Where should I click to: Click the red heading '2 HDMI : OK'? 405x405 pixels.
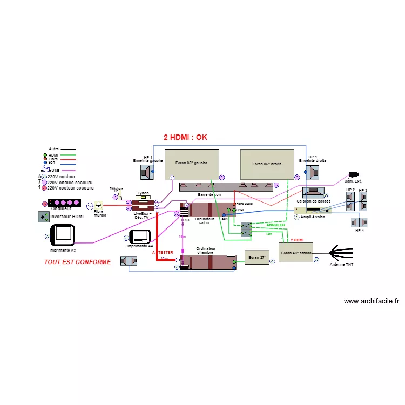coord(185,137)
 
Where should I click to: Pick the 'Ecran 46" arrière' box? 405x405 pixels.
coord(296,252)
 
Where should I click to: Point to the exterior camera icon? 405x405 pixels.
coord(354,174)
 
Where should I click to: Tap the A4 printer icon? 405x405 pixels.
coord(140,237)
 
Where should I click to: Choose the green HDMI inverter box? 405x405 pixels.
coord(43,217)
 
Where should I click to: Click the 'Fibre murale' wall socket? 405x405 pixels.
coord(99,205)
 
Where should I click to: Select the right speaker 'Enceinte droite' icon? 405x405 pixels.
coord(313,172)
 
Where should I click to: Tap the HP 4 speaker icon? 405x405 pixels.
coord(359,222)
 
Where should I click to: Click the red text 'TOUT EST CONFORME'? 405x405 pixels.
coord(77,262)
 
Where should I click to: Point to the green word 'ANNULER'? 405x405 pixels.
coord(275,225)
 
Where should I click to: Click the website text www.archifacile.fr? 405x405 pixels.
coord(371,301)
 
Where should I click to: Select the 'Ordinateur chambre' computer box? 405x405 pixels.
coord(208,262)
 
